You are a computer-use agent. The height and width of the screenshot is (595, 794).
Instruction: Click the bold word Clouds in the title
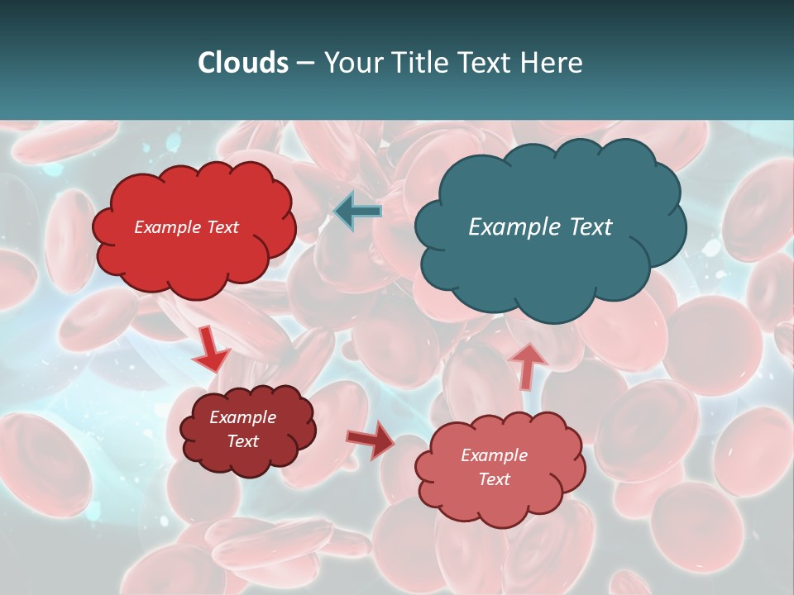pyautogui.click(x=243, y=63)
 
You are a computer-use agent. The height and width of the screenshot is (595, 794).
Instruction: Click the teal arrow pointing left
pyautogui.click(x=357, y=212)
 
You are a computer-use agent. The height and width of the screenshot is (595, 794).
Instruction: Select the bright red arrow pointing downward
pyautogui.click(x=210, y=350)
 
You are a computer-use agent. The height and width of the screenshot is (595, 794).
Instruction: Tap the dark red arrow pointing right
pyautogui.click(x=371, y=440)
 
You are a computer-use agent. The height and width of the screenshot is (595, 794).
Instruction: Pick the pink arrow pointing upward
pyautogui.click(x=528, y=365)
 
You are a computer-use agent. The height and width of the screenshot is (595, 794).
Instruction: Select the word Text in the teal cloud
pyautogui.click(x=591, y=226)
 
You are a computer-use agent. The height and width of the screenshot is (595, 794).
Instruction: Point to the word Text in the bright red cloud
pyautogui.click(x=222, y=227)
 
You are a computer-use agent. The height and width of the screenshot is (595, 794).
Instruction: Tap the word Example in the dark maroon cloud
pyautogui.click(x=242, y=417)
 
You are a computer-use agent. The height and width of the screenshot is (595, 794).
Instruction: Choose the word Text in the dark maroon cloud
pyautogui.click(x=242, y=441)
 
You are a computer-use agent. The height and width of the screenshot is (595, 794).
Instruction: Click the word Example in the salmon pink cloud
pyautogui.click(x=494, y=455)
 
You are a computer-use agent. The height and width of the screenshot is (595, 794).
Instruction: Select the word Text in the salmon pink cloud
pyautogui.click(x=494, y=479)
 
